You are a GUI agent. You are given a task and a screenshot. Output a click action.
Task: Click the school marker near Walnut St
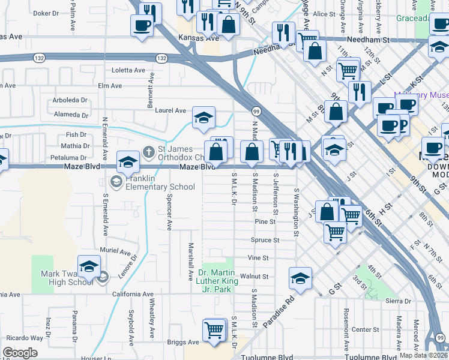pos(300,278)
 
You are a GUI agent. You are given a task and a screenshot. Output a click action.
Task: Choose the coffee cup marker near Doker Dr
pos(142,25)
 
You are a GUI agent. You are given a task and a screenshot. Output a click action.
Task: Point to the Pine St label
pos(265,221)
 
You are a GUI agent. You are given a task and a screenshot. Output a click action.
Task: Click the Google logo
pos(20,352)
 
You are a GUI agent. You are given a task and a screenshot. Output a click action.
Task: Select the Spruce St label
pos(264,240)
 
